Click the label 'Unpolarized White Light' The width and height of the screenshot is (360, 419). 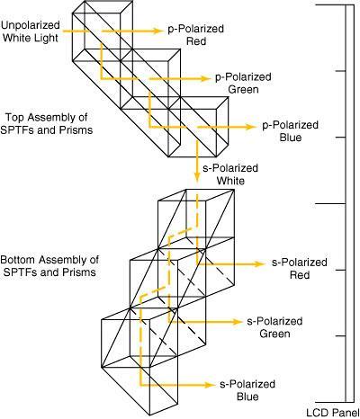[x=31, y=31]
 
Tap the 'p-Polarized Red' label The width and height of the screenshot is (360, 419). [x=196, y=35]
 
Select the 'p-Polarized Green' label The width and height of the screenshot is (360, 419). [x=243, y=83]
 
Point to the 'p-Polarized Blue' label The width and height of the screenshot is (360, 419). [x=291, y=131]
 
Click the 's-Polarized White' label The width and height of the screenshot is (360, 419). [x=230, y=174]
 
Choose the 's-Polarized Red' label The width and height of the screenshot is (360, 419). [x=300, y=269]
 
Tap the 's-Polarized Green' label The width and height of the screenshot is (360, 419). [x=274, y=327]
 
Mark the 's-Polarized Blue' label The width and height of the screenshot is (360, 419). [x=247, y=390]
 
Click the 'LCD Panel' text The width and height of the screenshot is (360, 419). [x=333, y=413]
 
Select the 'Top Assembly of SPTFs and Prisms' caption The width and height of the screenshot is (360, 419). [x=47, y=123]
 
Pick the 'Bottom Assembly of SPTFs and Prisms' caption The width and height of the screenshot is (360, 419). [x=49, y=266]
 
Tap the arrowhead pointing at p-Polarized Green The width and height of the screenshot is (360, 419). [x=206, y=78]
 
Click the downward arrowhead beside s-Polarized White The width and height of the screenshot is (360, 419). [x=197, y=176]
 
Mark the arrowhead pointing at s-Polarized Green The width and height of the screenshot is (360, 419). [x=237, y=322]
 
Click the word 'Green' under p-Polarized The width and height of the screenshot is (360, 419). [x=243, y=89]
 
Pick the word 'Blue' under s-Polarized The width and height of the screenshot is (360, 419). [x=247, y=397]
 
